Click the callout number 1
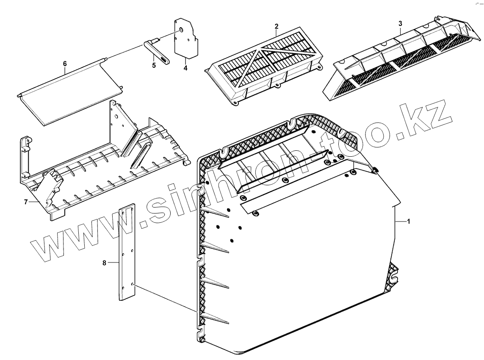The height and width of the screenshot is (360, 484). click(x=409, y=222)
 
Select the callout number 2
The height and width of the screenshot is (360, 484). click(x=276, y=26)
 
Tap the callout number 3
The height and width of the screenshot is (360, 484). click(x=400, y=24)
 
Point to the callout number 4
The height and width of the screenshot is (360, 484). click(x=185, y=67)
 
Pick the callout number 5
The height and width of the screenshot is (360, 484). click(x=154, y=65)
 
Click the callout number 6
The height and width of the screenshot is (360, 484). click(x=65, y=64)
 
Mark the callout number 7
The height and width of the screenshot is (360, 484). click(x=26, y=202)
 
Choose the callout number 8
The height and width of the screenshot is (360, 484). click(x=104, y=263)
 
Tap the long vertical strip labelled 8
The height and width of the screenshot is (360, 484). click(x=126, y=254)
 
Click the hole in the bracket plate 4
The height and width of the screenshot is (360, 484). click(x=181, y=30)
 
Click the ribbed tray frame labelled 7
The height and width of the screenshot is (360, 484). click(x=106, y=169)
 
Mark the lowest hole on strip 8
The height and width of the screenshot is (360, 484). click(x=133, y=284)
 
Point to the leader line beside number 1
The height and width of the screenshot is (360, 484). click(x=400, y=222)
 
